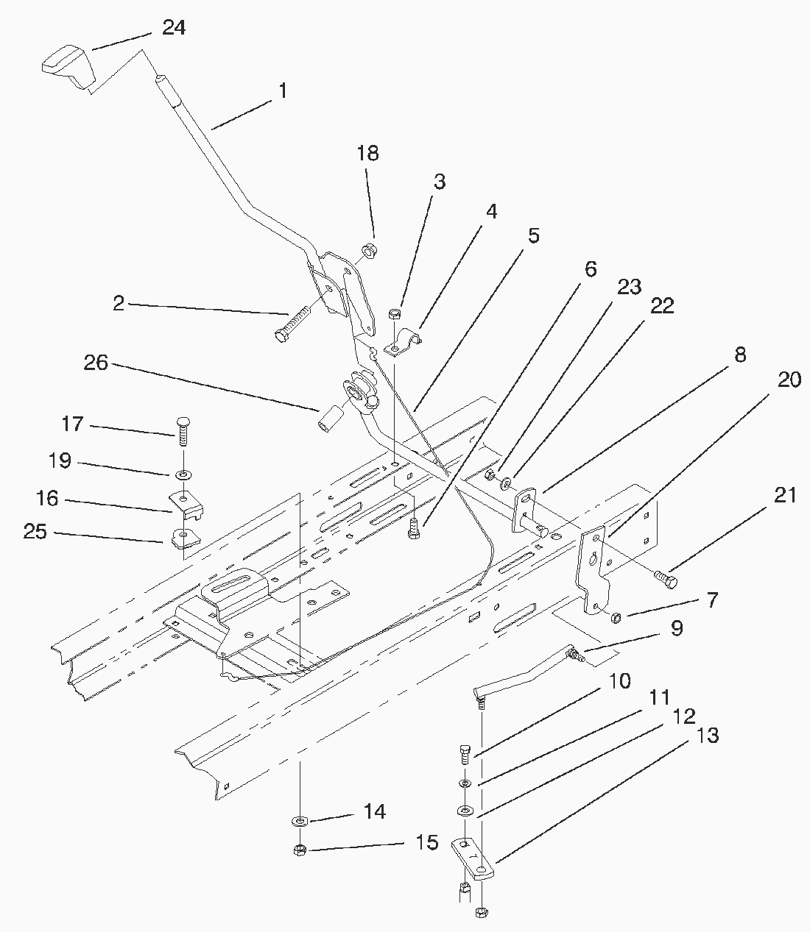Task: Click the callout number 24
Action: tap(174, 28)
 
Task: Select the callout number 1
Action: tap(282, 90)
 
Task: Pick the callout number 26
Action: tap(96, 363)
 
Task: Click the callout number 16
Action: tap(47, 499)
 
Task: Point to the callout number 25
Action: tap(35, 531)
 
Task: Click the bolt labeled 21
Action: tap(666, 581)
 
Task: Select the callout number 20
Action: tap(789, 379)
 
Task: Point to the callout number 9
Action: tap(676, 628)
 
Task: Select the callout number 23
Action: tap(629, 287)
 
